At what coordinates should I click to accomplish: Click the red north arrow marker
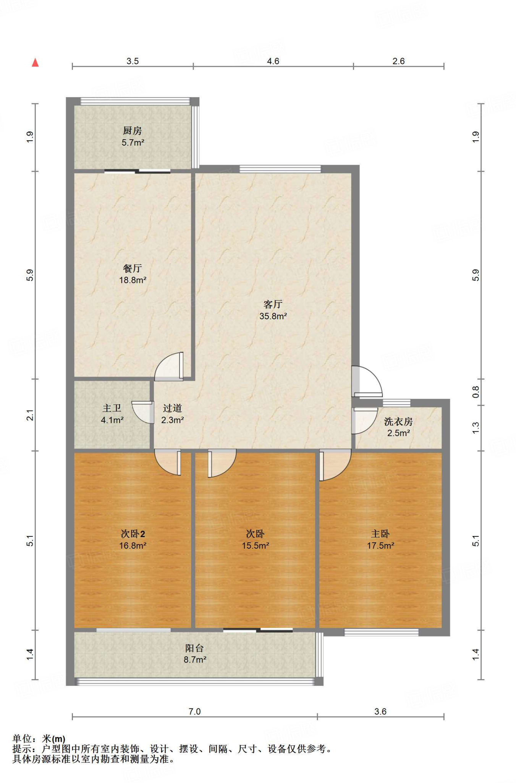(35, 62)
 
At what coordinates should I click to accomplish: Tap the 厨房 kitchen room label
(132, 131)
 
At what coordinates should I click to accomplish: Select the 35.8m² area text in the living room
(273, 316)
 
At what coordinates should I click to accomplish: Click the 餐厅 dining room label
(132, 268)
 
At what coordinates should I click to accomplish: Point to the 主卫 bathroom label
(112, 408)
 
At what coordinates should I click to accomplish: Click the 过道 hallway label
(172, 408)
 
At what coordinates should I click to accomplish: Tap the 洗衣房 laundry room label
(398, 422)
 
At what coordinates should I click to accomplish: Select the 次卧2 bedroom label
(133, 534)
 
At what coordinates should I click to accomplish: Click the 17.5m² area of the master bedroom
(380, 546)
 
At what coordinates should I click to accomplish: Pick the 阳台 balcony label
(194, 648)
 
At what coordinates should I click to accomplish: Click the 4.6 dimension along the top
(273, 61)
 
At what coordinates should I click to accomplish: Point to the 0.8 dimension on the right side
(476, 392)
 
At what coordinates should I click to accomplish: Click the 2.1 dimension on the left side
(30, 415)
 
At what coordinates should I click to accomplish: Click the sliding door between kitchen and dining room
(137, 172)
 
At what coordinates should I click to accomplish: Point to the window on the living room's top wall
(280, 169)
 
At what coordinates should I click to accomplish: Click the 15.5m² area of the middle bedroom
(255, 546)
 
